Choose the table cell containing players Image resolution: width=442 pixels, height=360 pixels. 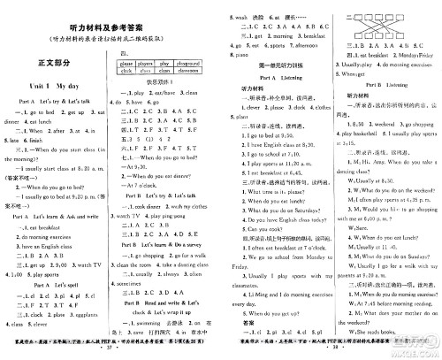point(148,64)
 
